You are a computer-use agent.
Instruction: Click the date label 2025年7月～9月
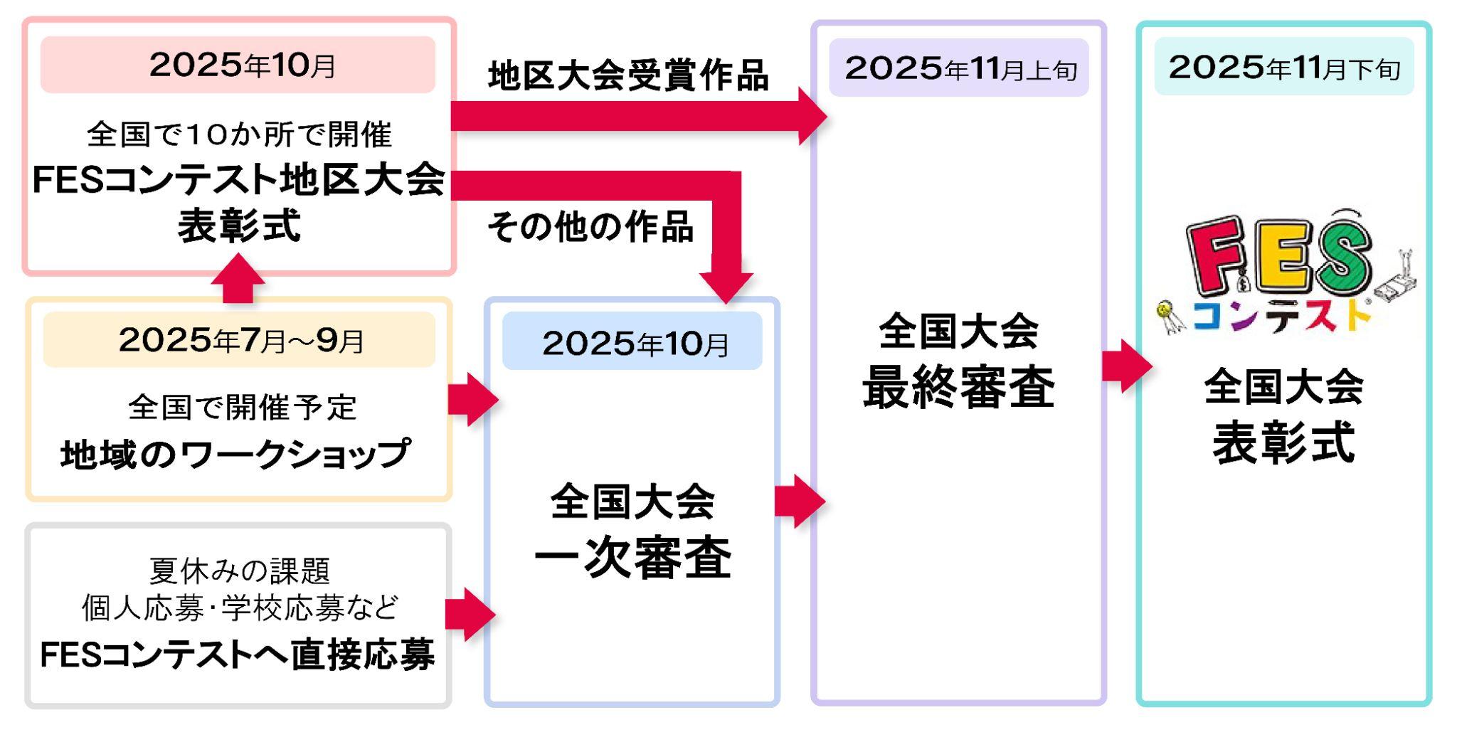pos(240,340)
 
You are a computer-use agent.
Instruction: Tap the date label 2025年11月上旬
pos(959,69)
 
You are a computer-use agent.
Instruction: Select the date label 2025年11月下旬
pos(1283,68)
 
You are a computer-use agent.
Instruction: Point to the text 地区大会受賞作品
pos(627,75)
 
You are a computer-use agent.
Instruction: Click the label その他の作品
pos(590,227)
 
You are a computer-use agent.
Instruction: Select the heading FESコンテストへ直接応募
pos(238,655)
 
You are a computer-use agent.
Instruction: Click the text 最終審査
pos(958,388)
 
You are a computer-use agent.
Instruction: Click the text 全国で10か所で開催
pos(239,134)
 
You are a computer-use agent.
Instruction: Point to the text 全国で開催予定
pos(242,408)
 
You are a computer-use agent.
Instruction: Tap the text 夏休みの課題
pos(240,570)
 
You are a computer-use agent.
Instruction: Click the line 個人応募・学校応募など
pos(240,608)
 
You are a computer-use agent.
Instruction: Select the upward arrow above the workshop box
pos(238,280)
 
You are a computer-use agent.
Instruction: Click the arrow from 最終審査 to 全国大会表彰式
pos(1126,366)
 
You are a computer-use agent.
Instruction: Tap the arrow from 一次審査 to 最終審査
pos(799,502)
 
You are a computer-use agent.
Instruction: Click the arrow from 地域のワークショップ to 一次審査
pos(472,400)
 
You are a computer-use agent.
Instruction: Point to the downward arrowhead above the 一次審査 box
pos(726,285)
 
